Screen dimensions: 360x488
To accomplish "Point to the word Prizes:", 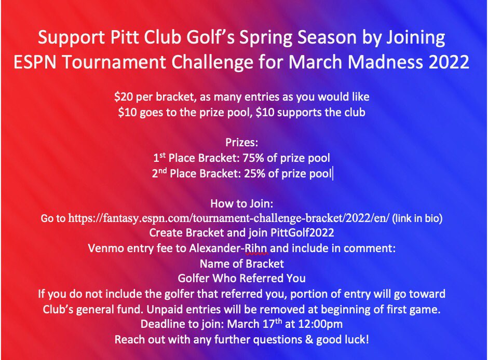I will [x=242, y=142].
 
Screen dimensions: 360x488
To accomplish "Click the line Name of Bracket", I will [x=242, y=264].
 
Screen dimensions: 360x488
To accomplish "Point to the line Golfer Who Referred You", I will [x=242, y=279].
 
